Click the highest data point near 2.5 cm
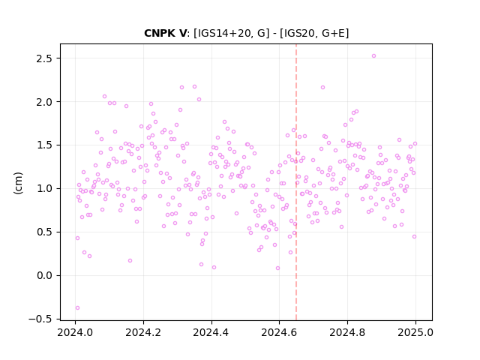[x=373, y=56]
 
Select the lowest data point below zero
[x=77, y=308]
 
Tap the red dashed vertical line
[x=296, y=182]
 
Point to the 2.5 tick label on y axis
[x=44, y=58]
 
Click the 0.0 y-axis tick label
[x=44, y=276]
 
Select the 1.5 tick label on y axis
[x=44, y=145]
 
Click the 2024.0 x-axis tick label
[x=75, y=332]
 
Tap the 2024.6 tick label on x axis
[x=279, y=332]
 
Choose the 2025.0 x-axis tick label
[x=415, y=332]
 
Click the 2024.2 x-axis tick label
[x=143, y=332]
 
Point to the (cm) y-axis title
[x=18, y=183]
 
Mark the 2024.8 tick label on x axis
[x=347, y=332]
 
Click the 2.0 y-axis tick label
[x=44, y=102]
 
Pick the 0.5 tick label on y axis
[x=44, y=232]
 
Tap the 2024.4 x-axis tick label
[x=211, y=332]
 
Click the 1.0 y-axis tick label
[x=44, y=189]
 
